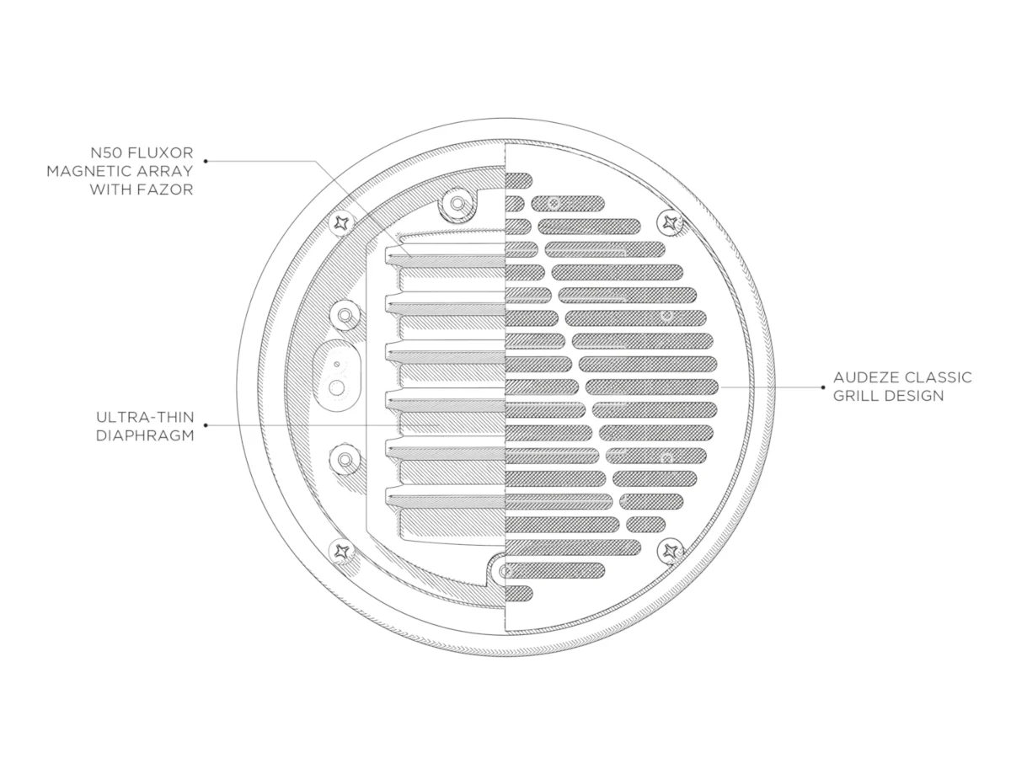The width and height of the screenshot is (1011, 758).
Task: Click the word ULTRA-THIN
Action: click(x=145, y=417)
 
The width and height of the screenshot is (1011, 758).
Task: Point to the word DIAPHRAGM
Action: click(x=145, y=435)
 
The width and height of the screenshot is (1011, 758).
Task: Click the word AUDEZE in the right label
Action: click(x=864, y=377)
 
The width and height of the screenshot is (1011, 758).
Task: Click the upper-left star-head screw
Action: click(x=342, y=224)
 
